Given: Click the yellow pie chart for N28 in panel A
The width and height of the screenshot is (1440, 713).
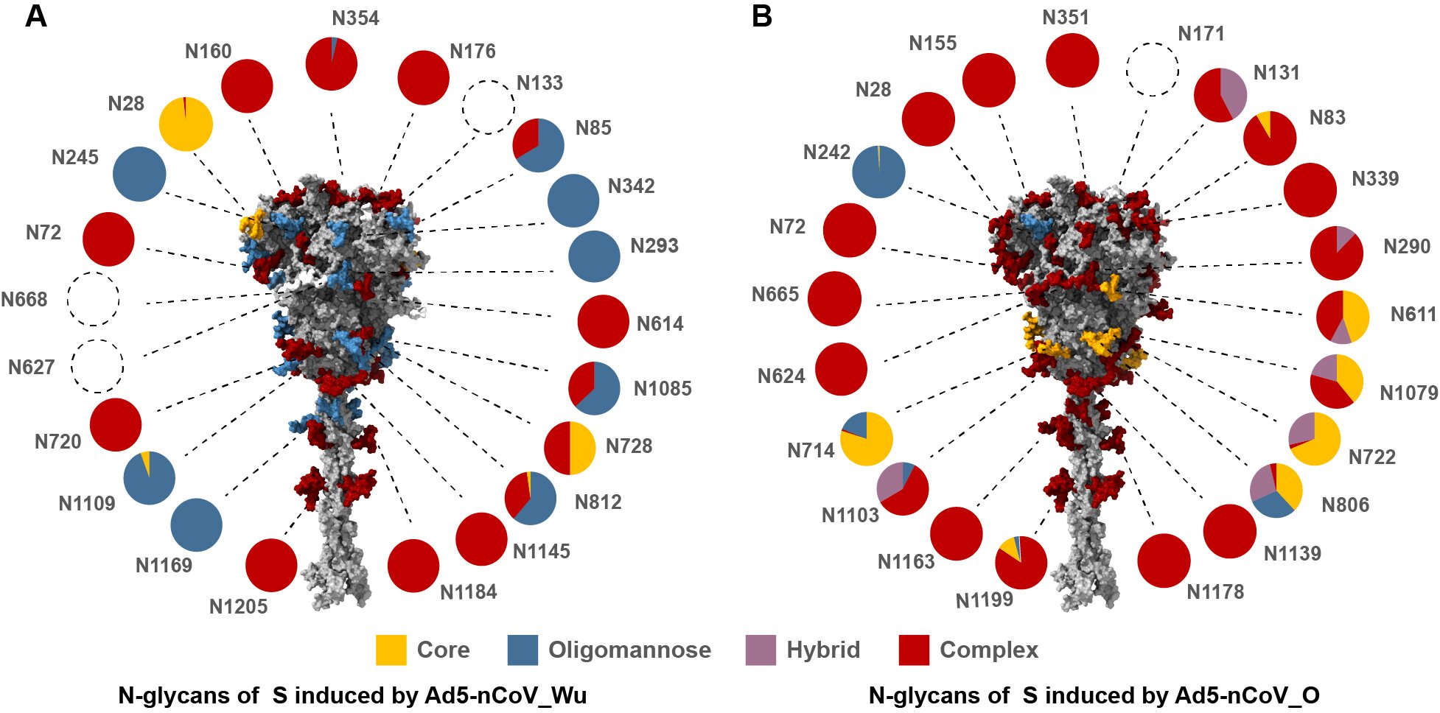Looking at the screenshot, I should point(186,124).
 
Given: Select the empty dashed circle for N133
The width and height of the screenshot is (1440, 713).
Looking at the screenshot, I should point(488,107).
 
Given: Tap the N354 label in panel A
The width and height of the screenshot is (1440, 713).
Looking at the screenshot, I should point(355,18).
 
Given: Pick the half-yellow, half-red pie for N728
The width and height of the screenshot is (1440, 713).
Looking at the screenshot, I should point(570,448).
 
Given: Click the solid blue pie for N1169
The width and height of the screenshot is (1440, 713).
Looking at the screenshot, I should point(196,525).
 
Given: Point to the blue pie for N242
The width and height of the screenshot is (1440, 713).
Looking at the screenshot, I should point(878,172).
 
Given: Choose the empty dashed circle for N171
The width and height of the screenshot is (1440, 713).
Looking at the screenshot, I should point(1153,69).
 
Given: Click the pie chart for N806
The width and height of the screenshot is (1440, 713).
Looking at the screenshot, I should point(1276,491).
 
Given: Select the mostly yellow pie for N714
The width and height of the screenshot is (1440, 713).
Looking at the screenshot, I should point(867,439).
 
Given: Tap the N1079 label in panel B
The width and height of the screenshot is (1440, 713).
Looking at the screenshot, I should point(1408,393).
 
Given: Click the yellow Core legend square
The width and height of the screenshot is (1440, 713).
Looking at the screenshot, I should point(391,650).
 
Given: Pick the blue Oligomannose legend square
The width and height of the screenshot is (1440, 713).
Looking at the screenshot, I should point(522,650).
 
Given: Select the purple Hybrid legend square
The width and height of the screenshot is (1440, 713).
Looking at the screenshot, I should point(761,650).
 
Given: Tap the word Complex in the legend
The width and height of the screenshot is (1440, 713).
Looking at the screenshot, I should point(988,650).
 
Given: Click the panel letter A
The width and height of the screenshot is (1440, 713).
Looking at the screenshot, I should point(35,16).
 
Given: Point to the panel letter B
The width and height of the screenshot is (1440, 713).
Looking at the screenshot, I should point(761,16).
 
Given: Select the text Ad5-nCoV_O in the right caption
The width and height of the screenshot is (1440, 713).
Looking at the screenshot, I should point(1247,695).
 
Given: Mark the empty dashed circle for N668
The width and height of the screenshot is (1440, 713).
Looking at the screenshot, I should point(93,299).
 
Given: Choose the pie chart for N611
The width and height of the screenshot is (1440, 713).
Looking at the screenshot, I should point(1343,317).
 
